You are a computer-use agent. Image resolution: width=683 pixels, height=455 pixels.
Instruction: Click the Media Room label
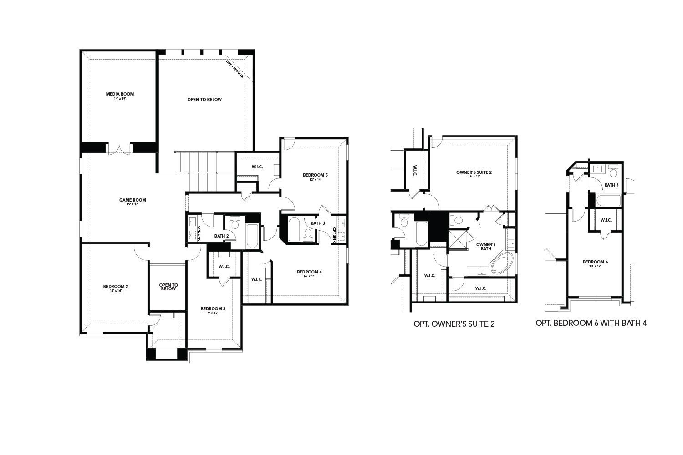point(120,94)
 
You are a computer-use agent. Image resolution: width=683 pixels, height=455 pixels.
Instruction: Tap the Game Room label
point(133,200)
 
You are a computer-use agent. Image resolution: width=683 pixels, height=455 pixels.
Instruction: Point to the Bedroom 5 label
point(315,175)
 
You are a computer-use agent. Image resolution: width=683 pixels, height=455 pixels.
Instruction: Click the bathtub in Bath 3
point(294,229)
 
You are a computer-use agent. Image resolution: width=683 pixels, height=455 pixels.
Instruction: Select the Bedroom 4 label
point(309,272)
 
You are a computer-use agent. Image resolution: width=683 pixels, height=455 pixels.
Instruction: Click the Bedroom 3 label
point(213,309)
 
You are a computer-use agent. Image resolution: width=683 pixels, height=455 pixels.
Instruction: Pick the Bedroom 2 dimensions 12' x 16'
point(115,291)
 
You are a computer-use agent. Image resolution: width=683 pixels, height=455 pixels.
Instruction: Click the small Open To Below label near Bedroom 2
point(168,287)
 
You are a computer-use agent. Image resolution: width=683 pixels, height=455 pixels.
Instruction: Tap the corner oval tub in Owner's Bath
point(502,265)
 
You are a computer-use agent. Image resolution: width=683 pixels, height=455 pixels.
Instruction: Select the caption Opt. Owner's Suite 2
point(454,324)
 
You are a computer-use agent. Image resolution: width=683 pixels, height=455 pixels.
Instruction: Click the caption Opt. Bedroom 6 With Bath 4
point(591,323)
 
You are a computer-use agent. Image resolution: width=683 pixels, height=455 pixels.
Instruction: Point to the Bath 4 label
point(611,185)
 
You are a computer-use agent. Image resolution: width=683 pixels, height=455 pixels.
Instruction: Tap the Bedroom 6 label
point(595,262)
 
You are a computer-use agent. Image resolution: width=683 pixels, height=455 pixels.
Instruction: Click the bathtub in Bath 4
point(608,200)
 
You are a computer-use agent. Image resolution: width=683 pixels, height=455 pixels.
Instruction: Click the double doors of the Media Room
point(120,149)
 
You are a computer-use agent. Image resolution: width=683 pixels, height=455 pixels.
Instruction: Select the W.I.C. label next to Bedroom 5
point(257,167)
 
